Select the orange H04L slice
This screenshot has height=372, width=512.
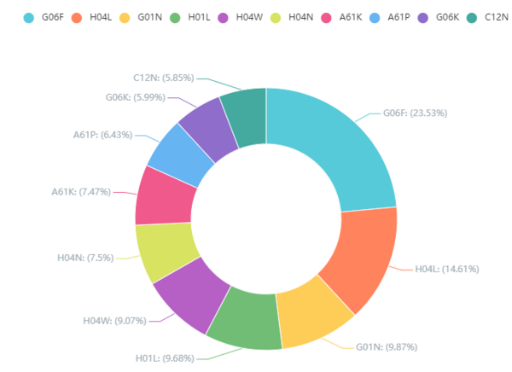[x=358, y=260]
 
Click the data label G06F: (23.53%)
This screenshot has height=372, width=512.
[x=415, y=113]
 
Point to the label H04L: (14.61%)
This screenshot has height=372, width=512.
[x=446, y=269]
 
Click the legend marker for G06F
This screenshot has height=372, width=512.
[x=29, y=16]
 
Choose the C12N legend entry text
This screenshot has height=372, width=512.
[x=497, y=16]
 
